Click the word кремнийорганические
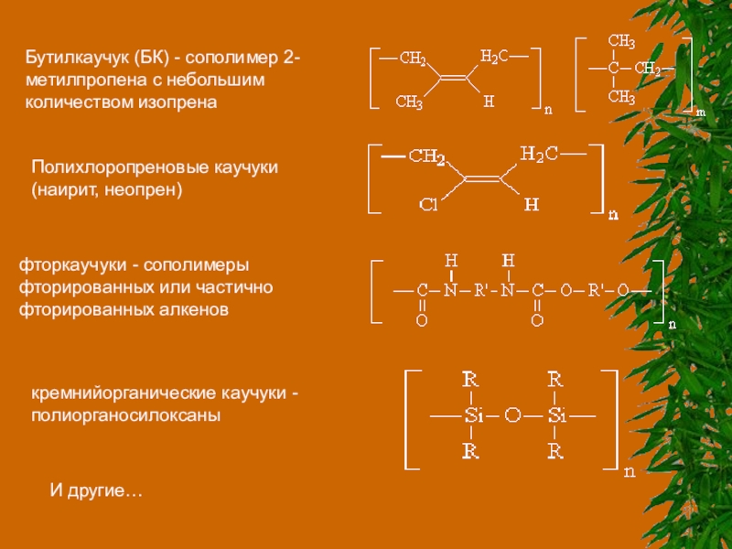(122, 393)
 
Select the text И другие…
(95, 492)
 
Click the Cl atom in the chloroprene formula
(428, 204)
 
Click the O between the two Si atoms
(512, 416)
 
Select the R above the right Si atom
(554, 378)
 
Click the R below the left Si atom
(469, 452)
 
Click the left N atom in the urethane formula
(449, 290)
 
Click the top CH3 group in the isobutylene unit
(621, 41)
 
